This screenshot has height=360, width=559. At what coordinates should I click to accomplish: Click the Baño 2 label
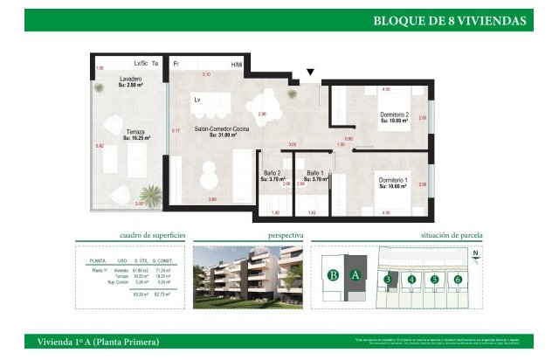tap(272, 174)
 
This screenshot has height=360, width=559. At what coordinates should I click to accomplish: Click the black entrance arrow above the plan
tap(309, 73)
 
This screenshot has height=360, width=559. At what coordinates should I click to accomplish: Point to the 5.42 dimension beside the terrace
tap(100, 146)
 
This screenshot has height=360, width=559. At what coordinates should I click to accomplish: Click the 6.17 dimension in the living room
tap(175, 131)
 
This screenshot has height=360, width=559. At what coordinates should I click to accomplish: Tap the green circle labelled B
tap(332, 274)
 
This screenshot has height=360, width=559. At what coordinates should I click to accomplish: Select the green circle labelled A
tap(355, 274)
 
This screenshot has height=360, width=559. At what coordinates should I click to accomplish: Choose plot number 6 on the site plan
tap(457, 280)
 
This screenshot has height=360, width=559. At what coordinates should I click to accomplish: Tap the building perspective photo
tap(250, 278)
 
